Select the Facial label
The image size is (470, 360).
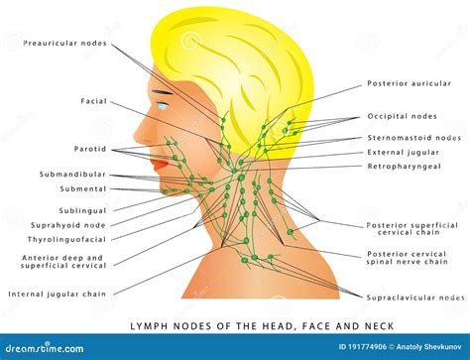[x=94, y=100]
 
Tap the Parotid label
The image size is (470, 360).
[x=91, y=150]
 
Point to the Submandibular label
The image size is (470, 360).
[x=72, y=174]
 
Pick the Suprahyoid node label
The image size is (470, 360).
[x=68, y=224]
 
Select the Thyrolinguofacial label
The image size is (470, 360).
[x=66, y=239]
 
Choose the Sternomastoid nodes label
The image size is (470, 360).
[x=413, y=138]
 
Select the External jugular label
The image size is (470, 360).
[x=404, y=152]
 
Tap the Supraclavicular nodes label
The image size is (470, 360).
[x=415, y=296]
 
